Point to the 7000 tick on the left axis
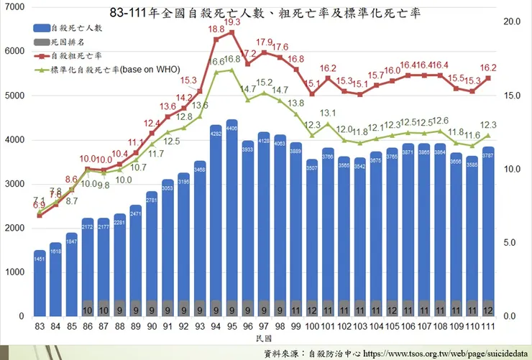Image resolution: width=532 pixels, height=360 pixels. click(x=15, y=7)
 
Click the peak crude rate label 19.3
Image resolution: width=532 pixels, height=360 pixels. click(x=232, y=23)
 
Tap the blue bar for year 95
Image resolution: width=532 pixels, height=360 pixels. click(x=232, y=216)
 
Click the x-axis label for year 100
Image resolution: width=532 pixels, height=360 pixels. click(x=311, y=328)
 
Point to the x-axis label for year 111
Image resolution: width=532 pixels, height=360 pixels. click(x=488, y=328)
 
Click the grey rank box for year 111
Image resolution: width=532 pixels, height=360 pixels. click(x=488, y=310)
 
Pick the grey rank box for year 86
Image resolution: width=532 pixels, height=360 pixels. click(x=88, y=310)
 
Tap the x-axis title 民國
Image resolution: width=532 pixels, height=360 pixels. click(x=264, y=338)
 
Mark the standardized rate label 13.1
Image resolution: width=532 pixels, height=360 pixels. click(x=328, y=114)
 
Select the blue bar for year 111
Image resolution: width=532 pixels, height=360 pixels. click(x=488, y=223)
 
